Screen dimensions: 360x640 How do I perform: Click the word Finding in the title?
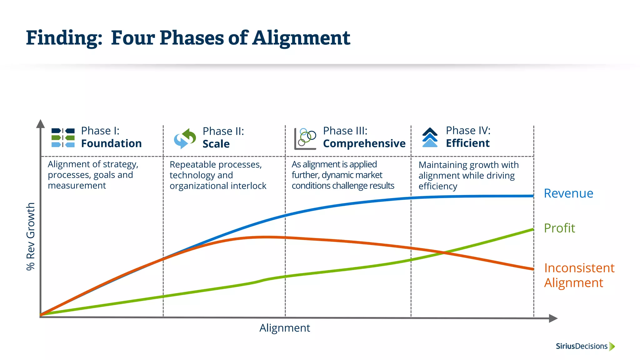click(x=64, y=38)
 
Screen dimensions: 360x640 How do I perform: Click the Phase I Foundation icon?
click(x=63, y=137)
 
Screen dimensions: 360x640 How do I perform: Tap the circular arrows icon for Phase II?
click(x=185, y=138)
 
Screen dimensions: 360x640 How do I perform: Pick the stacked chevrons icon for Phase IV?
click(x=430, y=137)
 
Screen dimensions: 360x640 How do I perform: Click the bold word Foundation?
click(x=111, y=143)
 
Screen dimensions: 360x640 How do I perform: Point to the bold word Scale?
click(x=216, y=144)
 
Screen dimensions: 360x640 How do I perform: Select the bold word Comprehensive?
click(x=364, y=143)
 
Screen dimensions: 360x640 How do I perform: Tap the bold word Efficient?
click(x=467, y=143)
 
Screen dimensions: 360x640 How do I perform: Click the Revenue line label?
click(x=568, y=193)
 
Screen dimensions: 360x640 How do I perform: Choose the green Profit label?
click(x=559, y=228)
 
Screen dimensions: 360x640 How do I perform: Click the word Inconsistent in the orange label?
click(x=579, y=268)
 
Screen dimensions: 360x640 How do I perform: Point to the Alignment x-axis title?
click(x=285, y=328)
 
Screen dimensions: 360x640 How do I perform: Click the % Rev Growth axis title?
click(x=31, y=236)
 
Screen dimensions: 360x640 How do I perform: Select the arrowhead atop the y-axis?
click(x=40, y=124)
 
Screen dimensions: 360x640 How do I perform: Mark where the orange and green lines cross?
click(x=444, y=252)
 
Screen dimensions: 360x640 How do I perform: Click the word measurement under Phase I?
click(x=77, y=186)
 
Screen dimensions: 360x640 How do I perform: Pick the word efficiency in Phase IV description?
click(x=438, y=186)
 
